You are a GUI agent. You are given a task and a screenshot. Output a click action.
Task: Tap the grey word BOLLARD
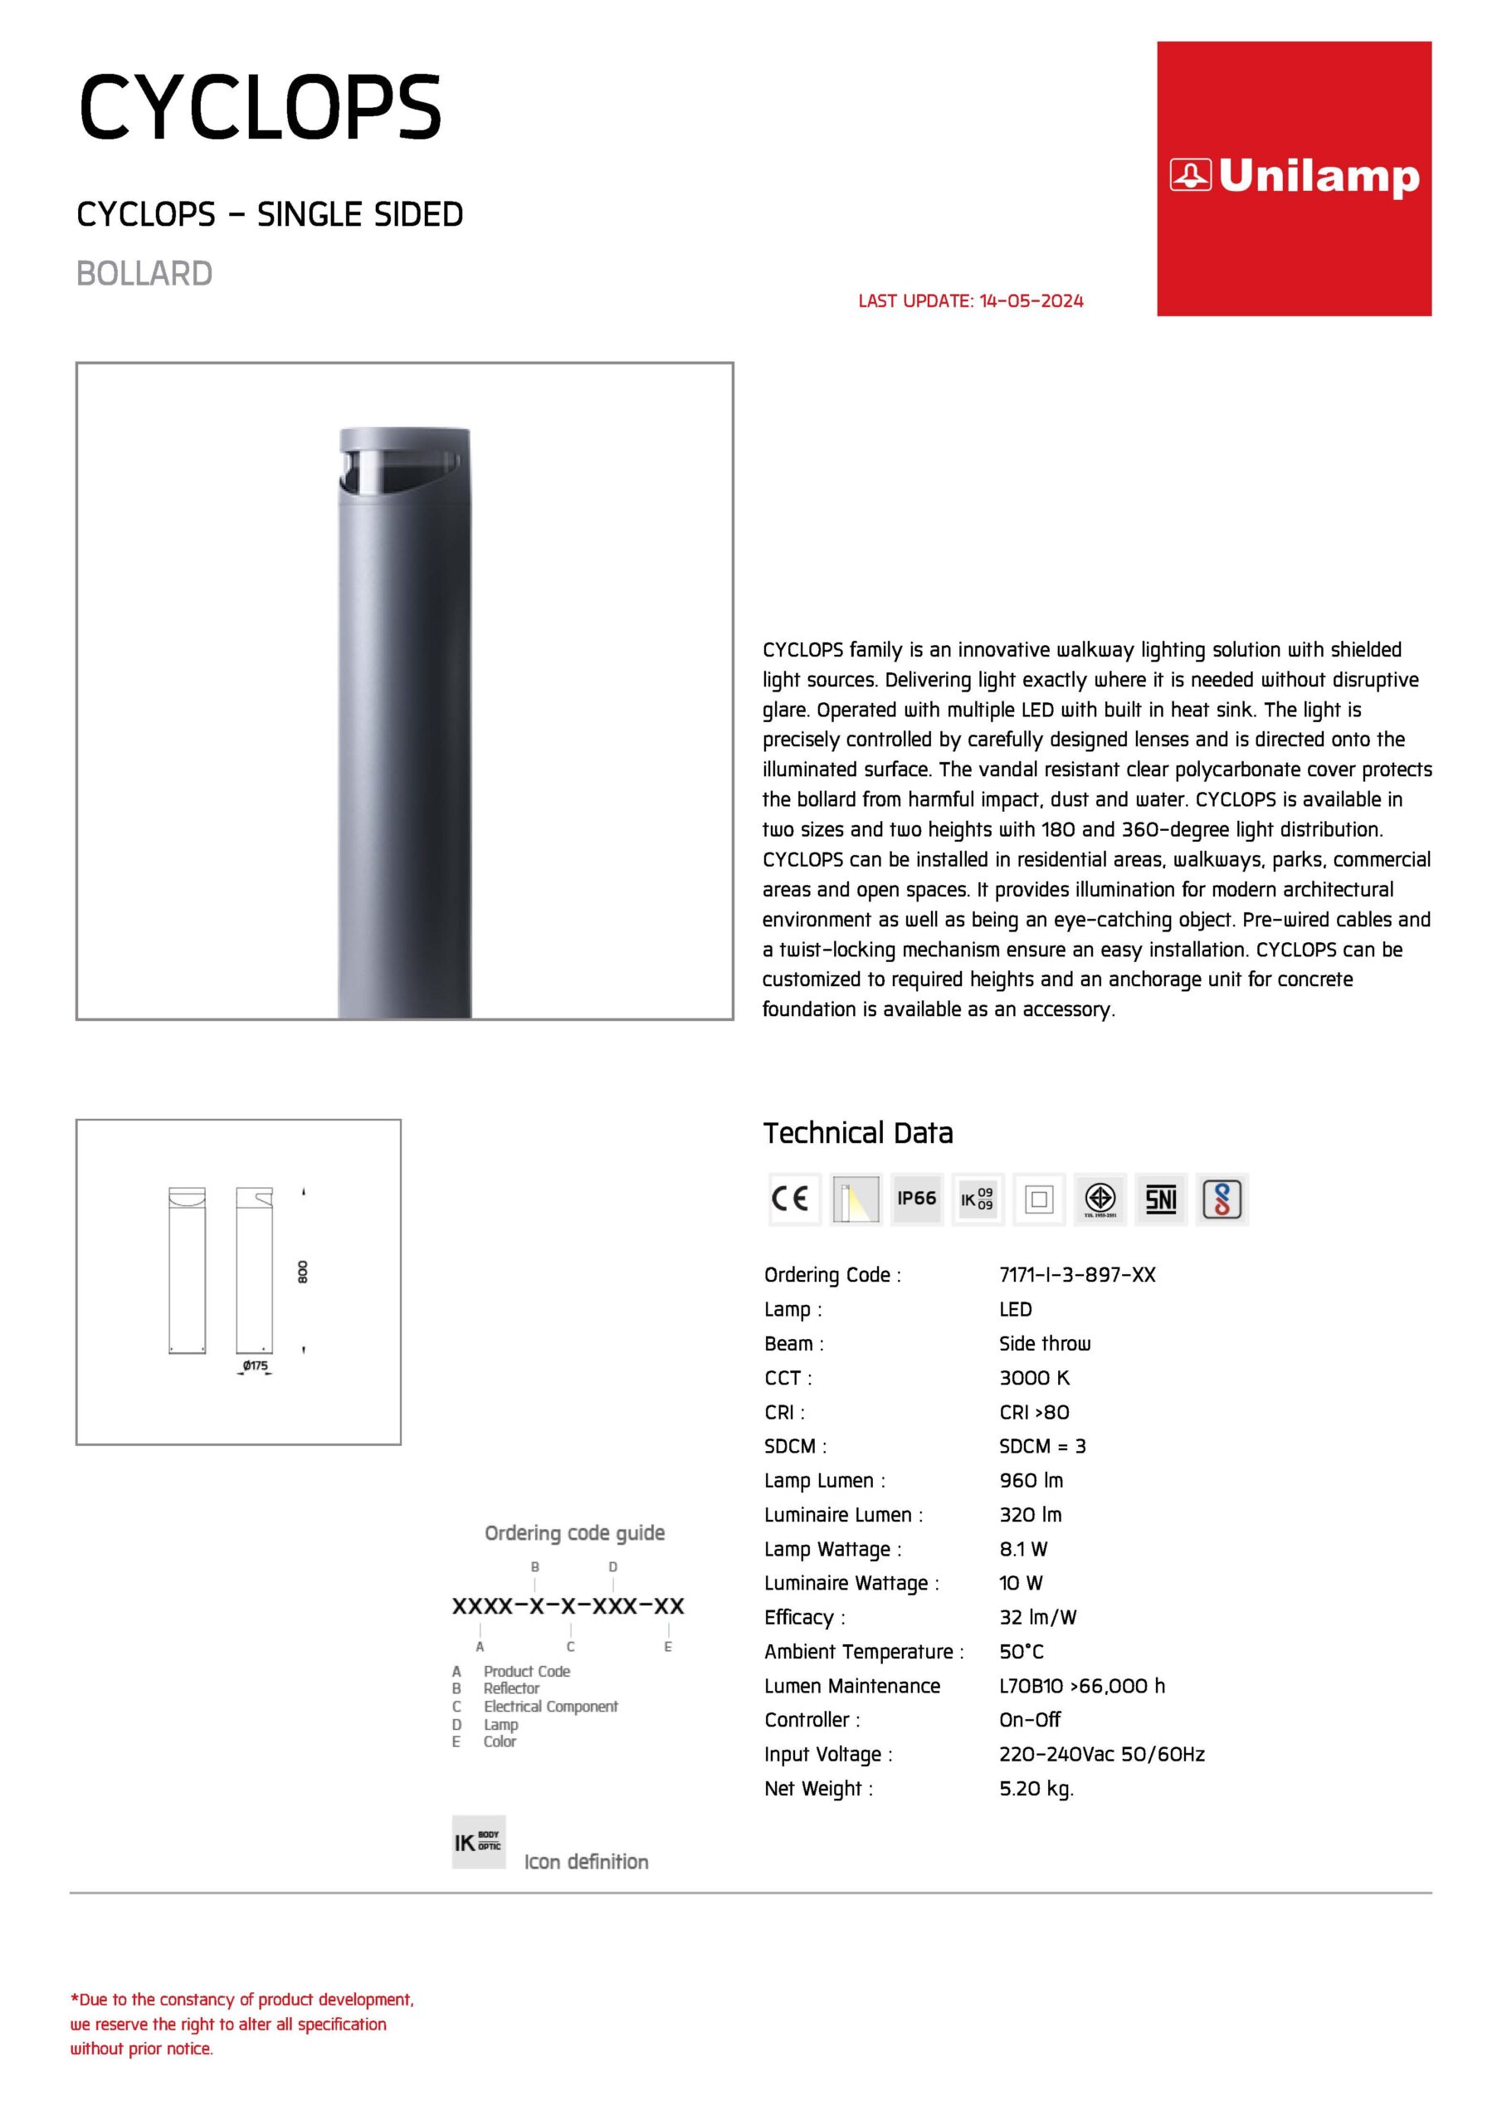coord(144,274)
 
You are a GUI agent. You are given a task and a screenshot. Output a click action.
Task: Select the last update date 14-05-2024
coord(1031,300)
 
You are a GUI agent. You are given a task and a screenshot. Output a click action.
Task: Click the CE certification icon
coord(794,1199)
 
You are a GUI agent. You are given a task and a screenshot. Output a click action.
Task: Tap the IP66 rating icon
coord(916,1199)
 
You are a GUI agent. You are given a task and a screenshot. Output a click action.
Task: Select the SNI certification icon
coord(1160,1199)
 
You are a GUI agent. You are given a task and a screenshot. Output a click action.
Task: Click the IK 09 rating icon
coord(978,1199)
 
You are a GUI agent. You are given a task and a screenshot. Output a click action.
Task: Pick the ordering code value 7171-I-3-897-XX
coord(1077,1274)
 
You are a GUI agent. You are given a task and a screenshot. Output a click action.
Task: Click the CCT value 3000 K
coord(1034,1377)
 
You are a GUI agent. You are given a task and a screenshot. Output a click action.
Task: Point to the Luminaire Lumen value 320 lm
coord(1030,1514)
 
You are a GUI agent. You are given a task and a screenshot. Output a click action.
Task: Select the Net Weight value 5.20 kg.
coord(1036,1788)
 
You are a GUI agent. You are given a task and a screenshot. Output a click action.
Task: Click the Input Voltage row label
coord(827,1754)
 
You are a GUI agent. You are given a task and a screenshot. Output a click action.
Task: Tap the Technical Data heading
coord(857,1133)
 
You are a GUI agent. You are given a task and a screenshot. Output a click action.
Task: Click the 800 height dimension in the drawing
coord(303,1272)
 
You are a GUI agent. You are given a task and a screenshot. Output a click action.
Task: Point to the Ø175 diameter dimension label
coord(256,1365)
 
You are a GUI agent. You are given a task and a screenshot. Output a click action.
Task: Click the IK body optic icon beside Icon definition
coord(479,1842)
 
